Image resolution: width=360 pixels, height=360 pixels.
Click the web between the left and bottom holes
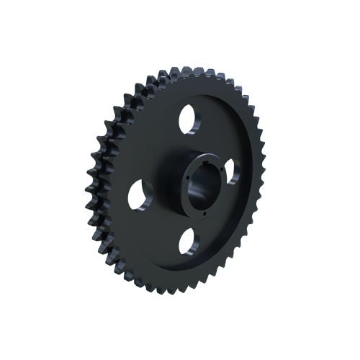pyautogui.click(x=155, y=230)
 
